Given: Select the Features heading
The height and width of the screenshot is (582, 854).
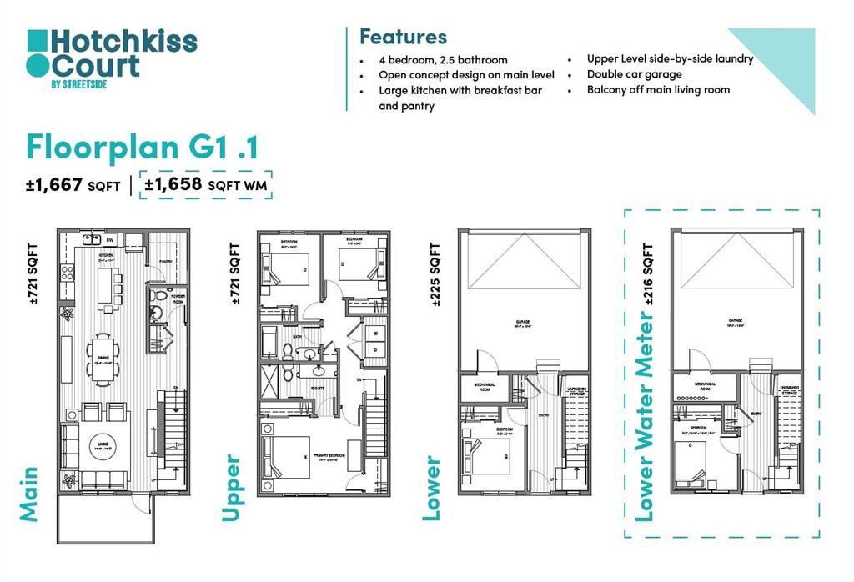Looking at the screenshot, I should pos(403,37).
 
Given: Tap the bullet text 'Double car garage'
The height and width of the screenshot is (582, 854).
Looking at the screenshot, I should pos(622,74).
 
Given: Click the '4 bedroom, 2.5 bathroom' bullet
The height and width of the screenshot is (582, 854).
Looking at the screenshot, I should pos(443,60).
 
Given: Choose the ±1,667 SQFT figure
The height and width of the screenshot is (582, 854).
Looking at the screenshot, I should pos(73,185).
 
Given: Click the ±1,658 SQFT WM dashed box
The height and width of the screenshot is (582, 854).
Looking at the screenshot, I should pos(206,185).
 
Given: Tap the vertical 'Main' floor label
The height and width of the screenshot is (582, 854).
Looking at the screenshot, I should pos(29,494).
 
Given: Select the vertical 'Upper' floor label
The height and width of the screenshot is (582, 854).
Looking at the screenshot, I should pos(231,489).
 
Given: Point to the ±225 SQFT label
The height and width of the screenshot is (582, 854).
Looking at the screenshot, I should pos(435,275).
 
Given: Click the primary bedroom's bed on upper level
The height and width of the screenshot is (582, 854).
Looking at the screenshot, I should pos(287,458).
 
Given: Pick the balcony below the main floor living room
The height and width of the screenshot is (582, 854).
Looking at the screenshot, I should pos(104,517).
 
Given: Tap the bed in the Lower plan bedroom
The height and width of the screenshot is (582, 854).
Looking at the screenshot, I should pos(485,454).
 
